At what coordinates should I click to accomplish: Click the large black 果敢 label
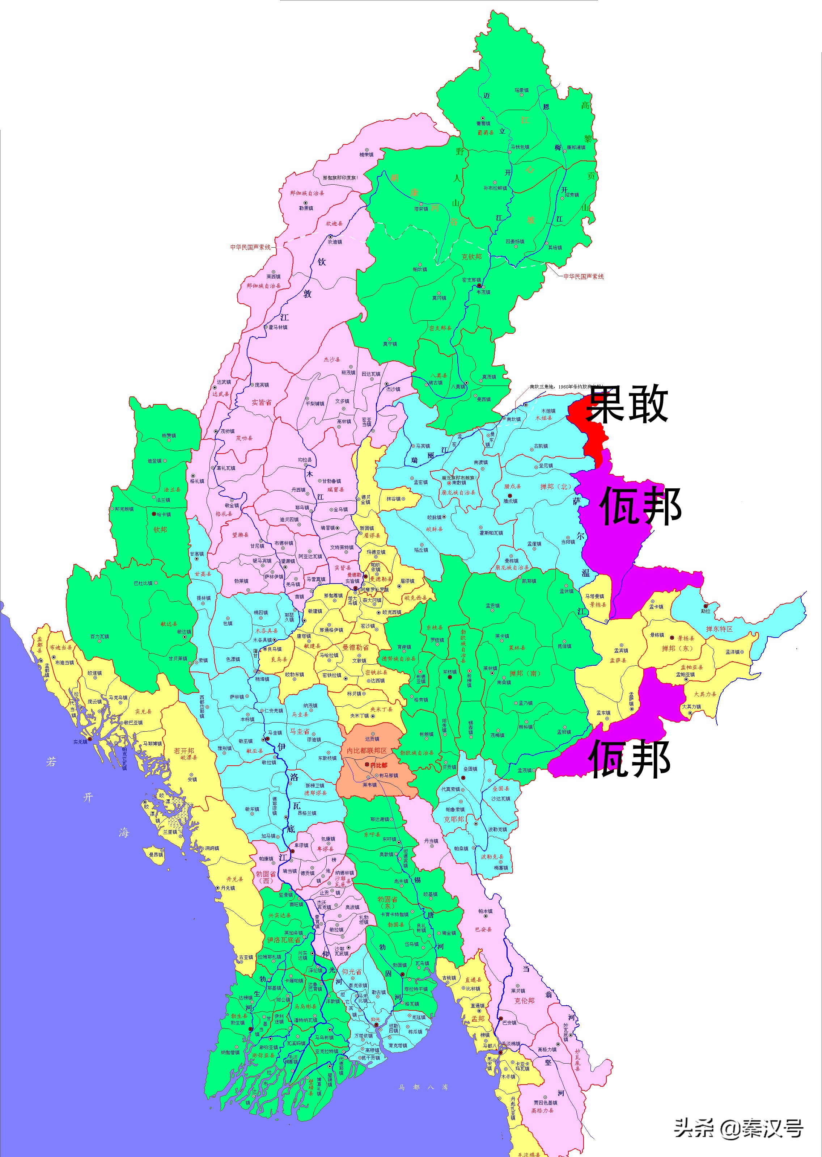627,405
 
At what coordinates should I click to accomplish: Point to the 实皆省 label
261,402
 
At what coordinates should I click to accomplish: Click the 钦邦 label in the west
160,529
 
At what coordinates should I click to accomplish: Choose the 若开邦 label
184,750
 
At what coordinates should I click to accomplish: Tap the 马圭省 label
300,731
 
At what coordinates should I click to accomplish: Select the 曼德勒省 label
355,647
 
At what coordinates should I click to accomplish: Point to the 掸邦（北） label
555,487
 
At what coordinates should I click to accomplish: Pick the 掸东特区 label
719,629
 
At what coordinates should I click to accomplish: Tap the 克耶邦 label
454,819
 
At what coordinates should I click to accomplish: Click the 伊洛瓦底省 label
283,940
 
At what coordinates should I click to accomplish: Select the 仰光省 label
352,972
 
